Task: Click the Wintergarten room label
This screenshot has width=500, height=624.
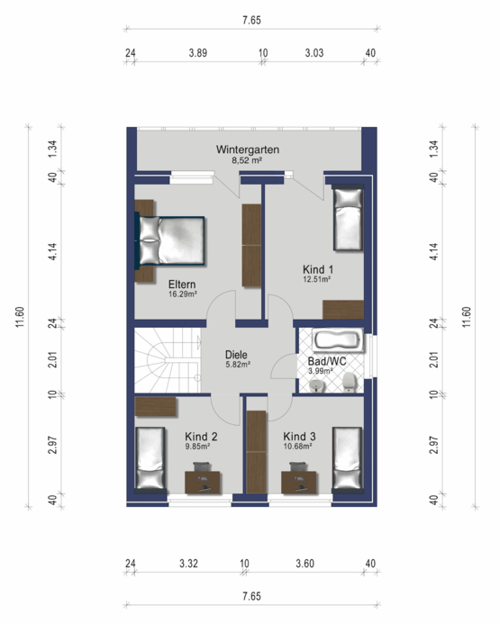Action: [247, 149]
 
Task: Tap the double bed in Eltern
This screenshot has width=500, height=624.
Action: [170, 240]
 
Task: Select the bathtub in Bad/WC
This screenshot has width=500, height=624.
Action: [338, 340]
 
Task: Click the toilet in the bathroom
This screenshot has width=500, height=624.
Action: [350, 383]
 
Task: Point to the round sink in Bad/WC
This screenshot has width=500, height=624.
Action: [317, 385]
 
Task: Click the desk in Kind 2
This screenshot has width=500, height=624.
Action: [203, 483]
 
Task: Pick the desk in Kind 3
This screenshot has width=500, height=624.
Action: [299, 483]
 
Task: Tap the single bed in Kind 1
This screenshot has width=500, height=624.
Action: [349, 220]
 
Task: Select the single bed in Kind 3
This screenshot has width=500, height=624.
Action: [348, 458]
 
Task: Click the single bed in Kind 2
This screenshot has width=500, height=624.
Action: [150, 458]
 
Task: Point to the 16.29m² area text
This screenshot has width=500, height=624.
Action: [183, 294]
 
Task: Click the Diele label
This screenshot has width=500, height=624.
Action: [236, 355]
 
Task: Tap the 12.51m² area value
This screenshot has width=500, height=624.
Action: [317, 279]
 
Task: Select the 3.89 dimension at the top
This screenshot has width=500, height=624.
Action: [198, 53]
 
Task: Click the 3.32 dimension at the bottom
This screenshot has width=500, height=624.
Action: [188, 564]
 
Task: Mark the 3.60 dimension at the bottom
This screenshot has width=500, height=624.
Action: [305, 564]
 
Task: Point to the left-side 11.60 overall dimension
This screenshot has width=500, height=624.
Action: [21, 317]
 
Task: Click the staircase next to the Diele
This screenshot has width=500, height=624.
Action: [168, 360]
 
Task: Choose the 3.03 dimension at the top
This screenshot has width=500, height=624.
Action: [314, 53]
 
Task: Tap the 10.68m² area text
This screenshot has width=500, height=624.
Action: [297, 447]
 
